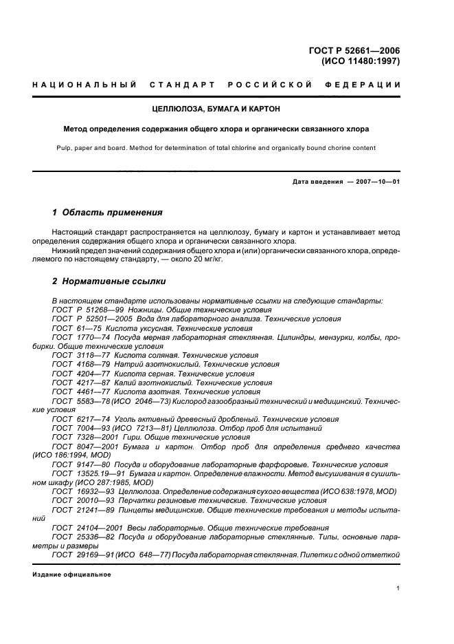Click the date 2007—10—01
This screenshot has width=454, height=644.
tap(374, 182)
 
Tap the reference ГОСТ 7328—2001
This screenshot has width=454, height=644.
tap(82, 436)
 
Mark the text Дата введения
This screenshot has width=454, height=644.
tap(317, 182)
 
